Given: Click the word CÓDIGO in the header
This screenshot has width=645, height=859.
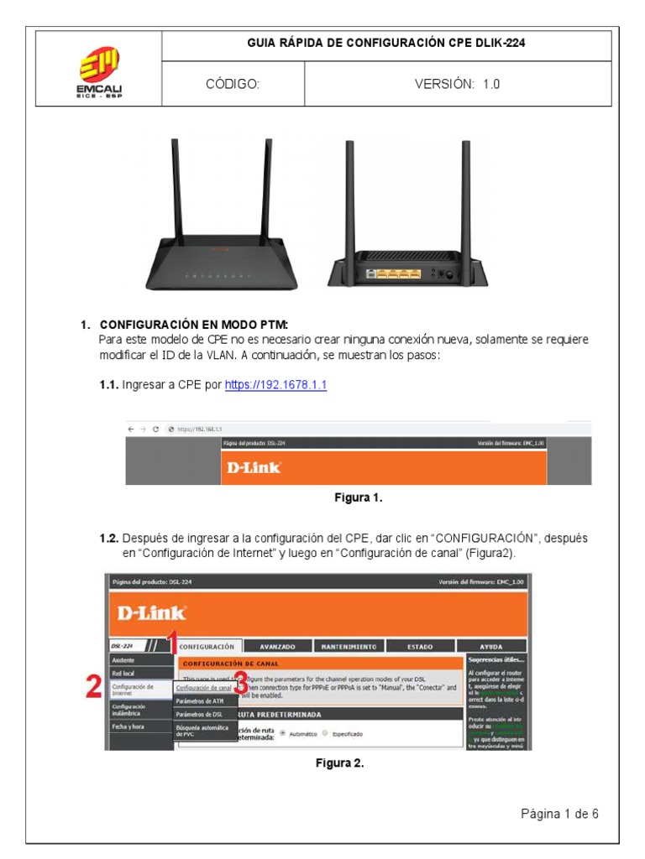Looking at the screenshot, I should click(x=233, y=85).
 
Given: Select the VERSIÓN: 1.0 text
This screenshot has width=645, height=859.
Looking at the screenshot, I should click(x=457, y=85).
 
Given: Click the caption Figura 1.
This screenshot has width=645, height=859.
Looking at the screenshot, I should click(x=359, y=498).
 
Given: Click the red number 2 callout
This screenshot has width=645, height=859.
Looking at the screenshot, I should click(x=95, y=687).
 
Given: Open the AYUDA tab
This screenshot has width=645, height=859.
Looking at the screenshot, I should click(x=491, y=647).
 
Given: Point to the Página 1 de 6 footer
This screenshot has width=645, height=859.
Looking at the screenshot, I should click(x=559, y=813).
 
